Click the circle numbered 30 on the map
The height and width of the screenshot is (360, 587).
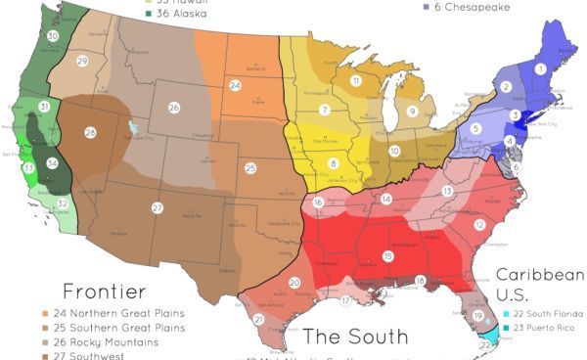coord(52,35)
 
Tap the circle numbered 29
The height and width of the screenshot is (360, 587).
coord(82,61)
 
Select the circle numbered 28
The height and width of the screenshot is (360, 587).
coord(90,132)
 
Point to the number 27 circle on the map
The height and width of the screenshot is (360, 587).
coord(157,207)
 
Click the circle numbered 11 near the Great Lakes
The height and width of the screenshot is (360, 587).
coord(356,80)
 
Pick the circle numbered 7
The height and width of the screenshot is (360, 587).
coord(324,111)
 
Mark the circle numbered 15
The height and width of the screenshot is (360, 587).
coord(388,255)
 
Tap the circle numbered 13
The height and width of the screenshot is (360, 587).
coord(447,191)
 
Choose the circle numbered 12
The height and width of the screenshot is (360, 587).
coord(479,224)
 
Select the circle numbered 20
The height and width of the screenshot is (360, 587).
coord(294,283)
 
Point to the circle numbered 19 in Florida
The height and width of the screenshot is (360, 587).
coord(478,315)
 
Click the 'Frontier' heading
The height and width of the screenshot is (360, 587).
coord(105,291)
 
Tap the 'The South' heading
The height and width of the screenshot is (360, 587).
coord(355,337)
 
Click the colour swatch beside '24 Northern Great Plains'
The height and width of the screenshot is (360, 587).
coord(47,313)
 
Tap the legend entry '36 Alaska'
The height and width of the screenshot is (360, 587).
coord(181,13)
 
